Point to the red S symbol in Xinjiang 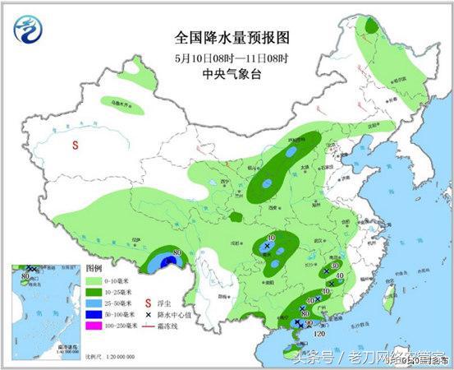[75, 145]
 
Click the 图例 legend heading [95, 269]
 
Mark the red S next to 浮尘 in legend [149, 303]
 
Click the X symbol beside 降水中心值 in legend [149, 316]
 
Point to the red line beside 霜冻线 [149, 327]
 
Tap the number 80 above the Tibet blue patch [177, 252]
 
